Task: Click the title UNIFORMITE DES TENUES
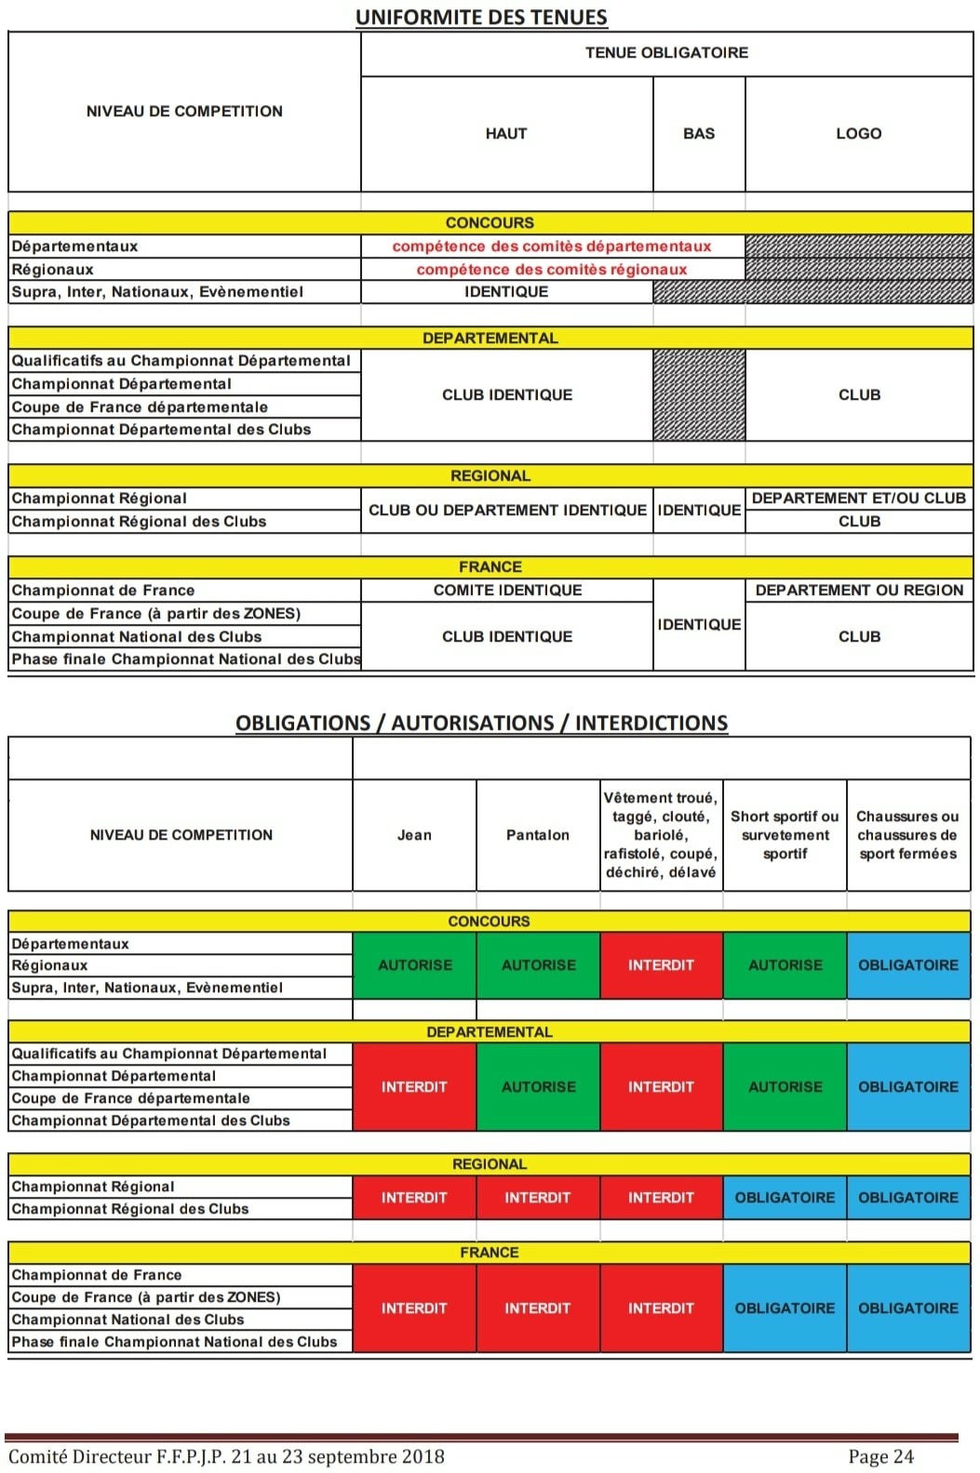tap(481, 17)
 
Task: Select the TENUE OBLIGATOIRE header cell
tap(666, 53)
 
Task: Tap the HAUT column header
tap(506, 134)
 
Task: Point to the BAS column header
tap(699, 134)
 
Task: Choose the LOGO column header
tap(858, 134)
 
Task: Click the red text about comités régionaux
tap(552, 270)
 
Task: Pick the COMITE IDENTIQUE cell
tap(507, 591)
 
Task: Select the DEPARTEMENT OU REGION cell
tap(859, 591)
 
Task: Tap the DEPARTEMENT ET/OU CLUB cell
tap(859, 498)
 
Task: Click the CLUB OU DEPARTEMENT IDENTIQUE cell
tap(507, 511)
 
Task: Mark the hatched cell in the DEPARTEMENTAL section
tap(699, 395)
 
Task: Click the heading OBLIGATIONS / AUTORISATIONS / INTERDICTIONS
tap(481, 723)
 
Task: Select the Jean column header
tap(414, 835)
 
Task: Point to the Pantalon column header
tap(538, 835)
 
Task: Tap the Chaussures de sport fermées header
tap(907, 835)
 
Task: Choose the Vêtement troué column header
tap(661, 835)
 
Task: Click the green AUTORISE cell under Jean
tap(415, 965)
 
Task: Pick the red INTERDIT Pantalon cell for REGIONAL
tap(538, 1198)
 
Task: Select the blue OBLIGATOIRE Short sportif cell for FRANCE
tap(785, 1308)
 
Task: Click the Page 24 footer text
tap(880, 1456)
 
